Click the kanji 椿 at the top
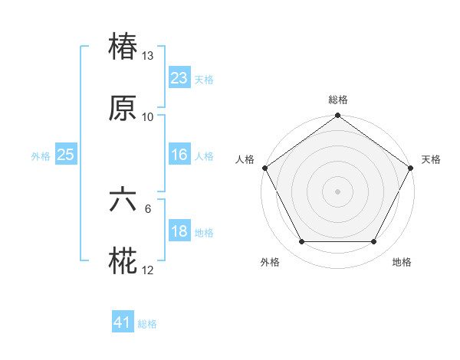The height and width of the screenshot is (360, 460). point(123,48)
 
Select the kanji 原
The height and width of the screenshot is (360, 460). point(123,110)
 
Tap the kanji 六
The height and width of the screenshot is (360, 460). point(123,201)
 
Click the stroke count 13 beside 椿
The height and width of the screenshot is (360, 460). point(148,56)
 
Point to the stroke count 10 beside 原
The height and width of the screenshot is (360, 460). point(148,117)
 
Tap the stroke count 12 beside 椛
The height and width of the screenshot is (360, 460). point(148,270)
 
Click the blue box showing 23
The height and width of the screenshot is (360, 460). point(179,78)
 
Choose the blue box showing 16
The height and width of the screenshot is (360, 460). point(179,155)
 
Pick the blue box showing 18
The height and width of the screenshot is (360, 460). point(179,231)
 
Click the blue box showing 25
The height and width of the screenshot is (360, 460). point(65,155)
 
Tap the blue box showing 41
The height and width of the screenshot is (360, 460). point(123,323)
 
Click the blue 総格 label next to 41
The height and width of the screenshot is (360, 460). point(147,324)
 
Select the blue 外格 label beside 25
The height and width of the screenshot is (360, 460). point(41,155)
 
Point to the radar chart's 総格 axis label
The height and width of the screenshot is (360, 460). point(338,100)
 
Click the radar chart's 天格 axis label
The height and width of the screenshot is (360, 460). point(431,159)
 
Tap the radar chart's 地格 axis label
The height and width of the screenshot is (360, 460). point(402,263)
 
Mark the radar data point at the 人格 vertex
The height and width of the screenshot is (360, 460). point(264,168)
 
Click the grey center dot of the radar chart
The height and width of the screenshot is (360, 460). point(338,191)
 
